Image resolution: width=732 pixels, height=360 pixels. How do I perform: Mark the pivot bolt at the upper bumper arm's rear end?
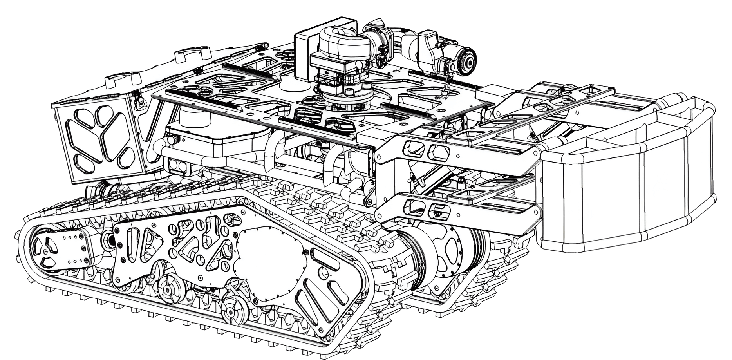[379, 157]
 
